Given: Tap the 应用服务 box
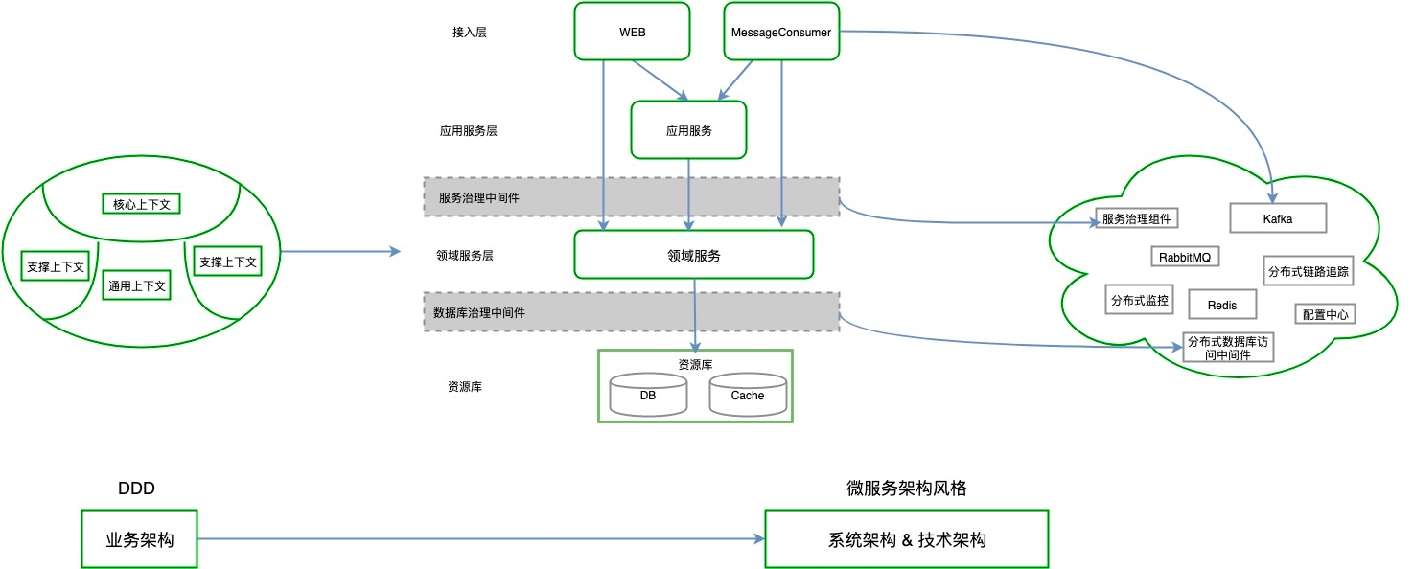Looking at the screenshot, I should pos(688,130).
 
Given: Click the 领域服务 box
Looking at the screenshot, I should pos(693,255).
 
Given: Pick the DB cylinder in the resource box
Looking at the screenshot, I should pos(648,395).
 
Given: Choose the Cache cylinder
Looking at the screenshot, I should pos(748,395).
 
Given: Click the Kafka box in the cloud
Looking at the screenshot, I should pos(1277,218).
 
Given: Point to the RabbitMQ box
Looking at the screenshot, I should pos(1185,257).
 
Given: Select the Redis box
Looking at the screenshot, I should pos(1221,306).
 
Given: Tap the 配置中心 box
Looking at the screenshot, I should pos(1325,314).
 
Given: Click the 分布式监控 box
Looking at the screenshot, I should pos(1139,300).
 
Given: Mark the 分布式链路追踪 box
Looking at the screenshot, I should pos(1308,271).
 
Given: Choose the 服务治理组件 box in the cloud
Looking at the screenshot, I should pos(1136,218).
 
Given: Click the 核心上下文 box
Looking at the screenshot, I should pos(141,204).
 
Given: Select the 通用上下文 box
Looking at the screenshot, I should pos(137,285).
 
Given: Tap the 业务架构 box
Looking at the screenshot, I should pos(139,540).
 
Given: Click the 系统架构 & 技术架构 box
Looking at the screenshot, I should pos(906,540).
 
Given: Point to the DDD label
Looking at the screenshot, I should pos(136,489).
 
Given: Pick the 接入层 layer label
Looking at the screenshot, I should pos(470,32).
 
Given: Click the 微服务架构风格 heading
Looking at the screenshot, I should pos(906,489).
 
